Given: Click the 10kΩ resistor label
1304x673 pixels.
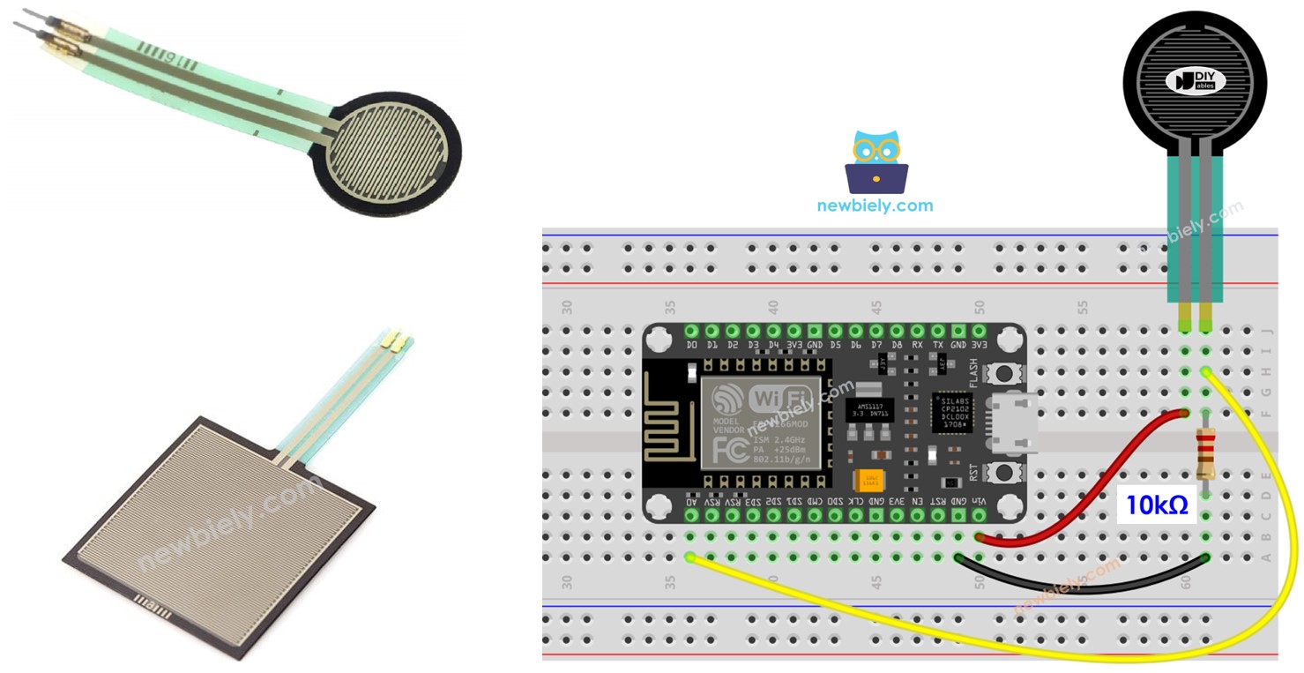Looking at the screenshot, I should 1156,505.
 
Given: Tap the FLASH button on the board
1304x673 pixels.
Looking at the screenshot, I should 1002,374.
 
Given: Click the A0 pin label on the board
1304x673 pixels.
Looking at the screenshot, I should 691,502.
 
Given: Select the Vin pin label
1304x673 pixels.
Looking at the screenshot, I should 979,502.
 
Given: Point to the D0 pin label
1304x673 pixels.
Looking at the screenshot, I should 691,345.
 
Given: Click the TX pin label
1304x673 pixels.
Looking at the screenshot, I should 937,345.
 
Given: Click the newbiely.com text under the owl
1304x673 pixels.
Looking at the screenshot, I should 874,206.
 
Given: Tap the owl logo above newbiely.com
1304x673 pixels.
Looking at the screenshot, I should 876,162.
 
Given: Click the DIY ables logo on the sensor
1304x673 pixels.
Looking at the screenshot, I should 1196,81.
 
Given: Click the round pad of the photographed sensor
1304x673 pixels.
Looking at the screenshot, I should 394,154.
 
